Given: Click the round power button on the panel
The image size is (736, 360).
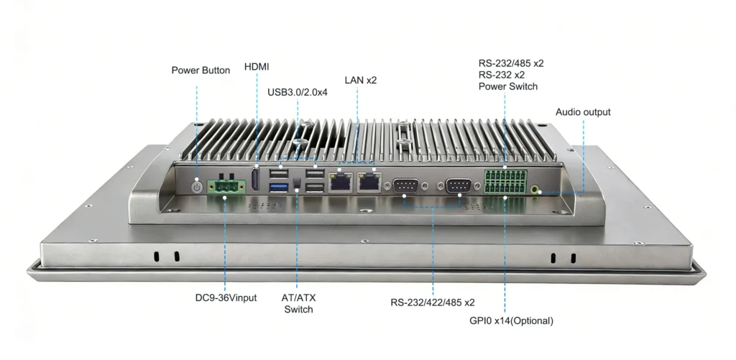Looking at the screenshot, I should [198, 186].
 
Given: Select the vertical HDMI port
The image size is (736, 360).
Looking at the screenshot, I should [255, 180].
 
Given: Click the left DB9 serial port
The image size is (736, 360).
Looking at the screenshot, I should [407, 187].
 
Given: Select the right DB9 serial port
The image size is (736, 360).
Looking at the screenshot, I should [459, 187].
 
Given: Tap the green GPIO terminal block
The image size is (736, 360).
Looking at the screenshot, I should [505, 183].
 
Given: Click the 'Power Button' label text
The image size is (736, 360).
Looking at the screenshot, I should [201, 70].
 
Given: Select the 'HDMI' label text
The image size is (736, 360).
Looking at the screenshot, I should [257, 67].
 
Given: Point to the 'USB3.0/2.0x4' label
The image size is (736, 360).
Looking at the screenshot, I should [298, 92].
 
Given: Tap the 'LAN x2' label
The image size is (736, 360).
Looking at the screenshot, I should [360, 80].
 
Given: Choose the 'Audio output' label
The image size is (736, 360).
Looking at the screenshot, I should [583, 112].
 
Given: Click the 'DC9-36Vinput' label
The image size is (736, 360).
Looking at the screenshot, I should [226, 297].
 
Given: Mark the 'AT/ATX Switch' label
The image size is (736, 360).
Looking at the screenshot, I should [298, 303].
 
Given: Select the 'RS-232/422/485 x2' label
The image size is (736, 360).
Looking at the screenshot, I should [433, 303].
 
